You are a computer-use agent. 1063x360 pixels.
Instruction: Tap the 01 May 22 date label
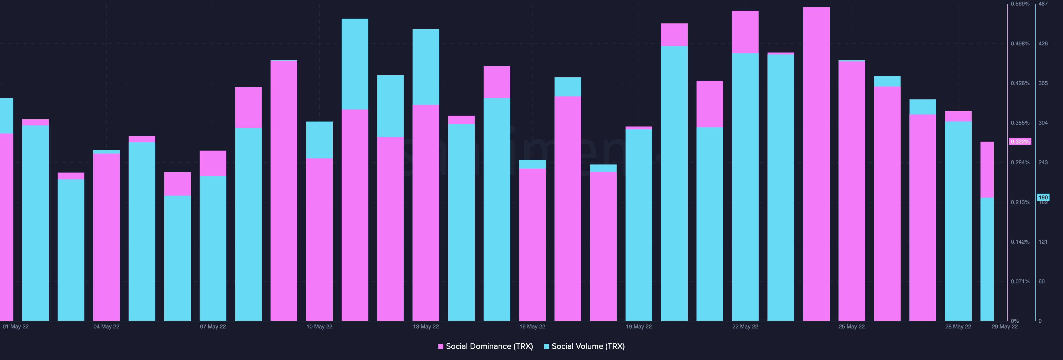point(16,326)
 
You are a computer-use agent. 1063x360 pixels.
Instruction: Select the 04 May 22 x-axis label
point(107,326)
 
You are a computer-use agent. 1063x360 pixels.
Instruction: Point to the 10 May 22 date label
point(319,326)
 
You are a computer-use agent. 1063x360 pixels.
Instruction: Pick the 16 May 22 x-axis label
point(532,326)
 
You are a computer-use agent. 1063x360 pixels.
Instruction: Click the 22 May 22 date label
point(745,326)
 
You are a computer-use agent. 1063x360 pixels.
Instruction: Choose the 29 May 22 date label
point(1004,326)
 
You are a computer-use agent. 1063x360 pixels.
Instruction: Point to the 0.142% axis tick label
point(1020,242)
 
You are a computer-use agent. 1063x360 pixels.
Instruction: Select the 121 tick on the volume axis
point(1043,242)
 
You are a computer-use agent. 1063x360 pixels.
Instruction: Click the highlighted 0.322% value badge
point(1020,142)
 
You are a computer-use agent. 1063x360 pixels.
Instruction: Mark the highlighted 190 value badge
point(1043,197)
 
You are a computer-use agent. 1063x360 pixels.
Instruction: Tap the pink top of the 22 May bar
point(745,32)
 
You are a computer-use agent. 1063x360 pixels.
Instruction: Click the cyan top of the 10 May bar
point(319,140)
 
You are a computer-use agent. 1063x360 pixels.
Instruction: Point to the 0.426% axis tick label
point(1020,83)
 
